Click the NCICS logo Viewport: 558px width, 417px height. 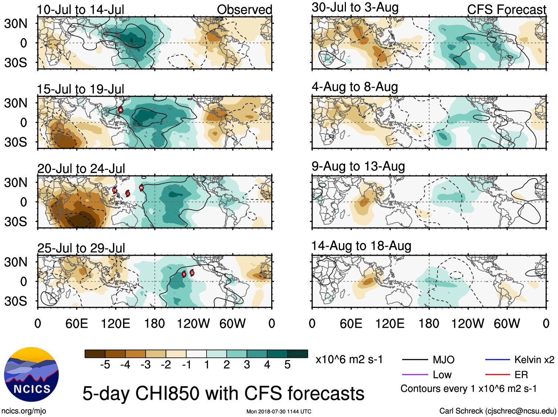[x=31, y=374]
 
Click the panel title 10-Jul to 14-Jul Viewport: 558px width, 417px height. [x=81, y=10]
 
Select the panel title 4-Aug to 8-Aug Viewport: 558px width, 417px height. [x=355, y=87]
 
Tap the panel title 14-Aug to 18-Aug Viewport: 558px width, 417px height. [x=361, y=246]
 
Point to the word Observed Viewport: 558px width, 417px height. [x=244, y=10]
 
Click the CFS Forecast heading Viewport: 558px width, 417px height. [x=506, y=10]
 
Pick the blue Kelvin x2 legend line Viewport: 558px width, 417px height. [x=497, y=360]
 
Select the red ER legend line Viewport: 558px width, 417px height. [x=497, y=375]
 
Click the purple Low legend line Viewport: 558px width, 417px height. [x=415, y=375]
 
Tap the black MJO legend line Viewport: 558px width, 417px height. [x=415, y=360]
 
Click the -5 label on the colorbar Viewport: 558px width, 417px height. [x=105, y=365]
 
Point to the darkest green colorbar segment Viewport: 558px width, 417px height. [x=297, y=354]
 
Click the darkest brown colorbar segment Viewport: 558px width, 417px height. [x=95, y=354]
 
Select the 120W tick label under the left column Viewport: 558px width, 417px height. [x=193, y=324]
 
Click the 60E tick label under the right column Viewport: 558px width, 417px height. [x=351, y=324]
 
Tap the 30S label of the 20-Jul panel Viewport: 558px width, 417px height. [x=16, y=222]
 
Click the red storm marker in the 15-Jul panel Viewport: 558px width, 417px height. [x=120, y=110]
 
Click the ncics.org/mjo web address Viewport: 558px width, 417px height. [x=24, y=411]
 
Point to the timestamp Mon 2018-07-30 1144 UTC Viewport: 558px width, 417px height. [x=279, y=411]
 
